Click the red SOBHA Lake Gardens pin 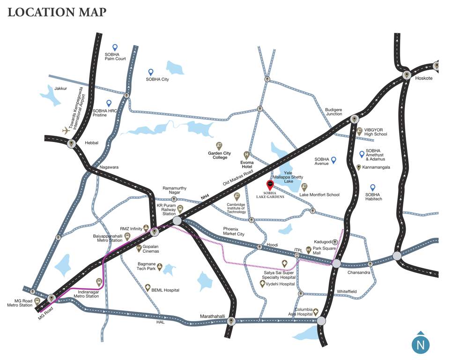[270, 184]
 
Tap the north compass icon [420, 345]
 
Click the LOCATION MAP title [57, 12]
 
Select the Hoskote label [424, 78]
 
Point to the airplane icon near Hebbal [66, 130]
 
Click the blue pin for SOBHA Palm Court [115, 47]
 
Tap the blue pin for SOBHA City [151, 72]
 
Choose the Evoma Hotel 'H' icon [246, 155]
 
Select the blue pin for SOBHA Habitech [373, 187]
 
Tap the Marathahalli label [213, 316]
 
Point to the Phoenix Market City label [233, 231]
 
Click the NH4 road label [205, 198]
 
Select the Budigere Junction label [333, 112]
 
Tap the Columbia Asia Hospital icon [316, 311]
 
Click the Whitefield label [347, 292]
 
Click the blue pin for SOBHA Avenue [333, 160]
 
